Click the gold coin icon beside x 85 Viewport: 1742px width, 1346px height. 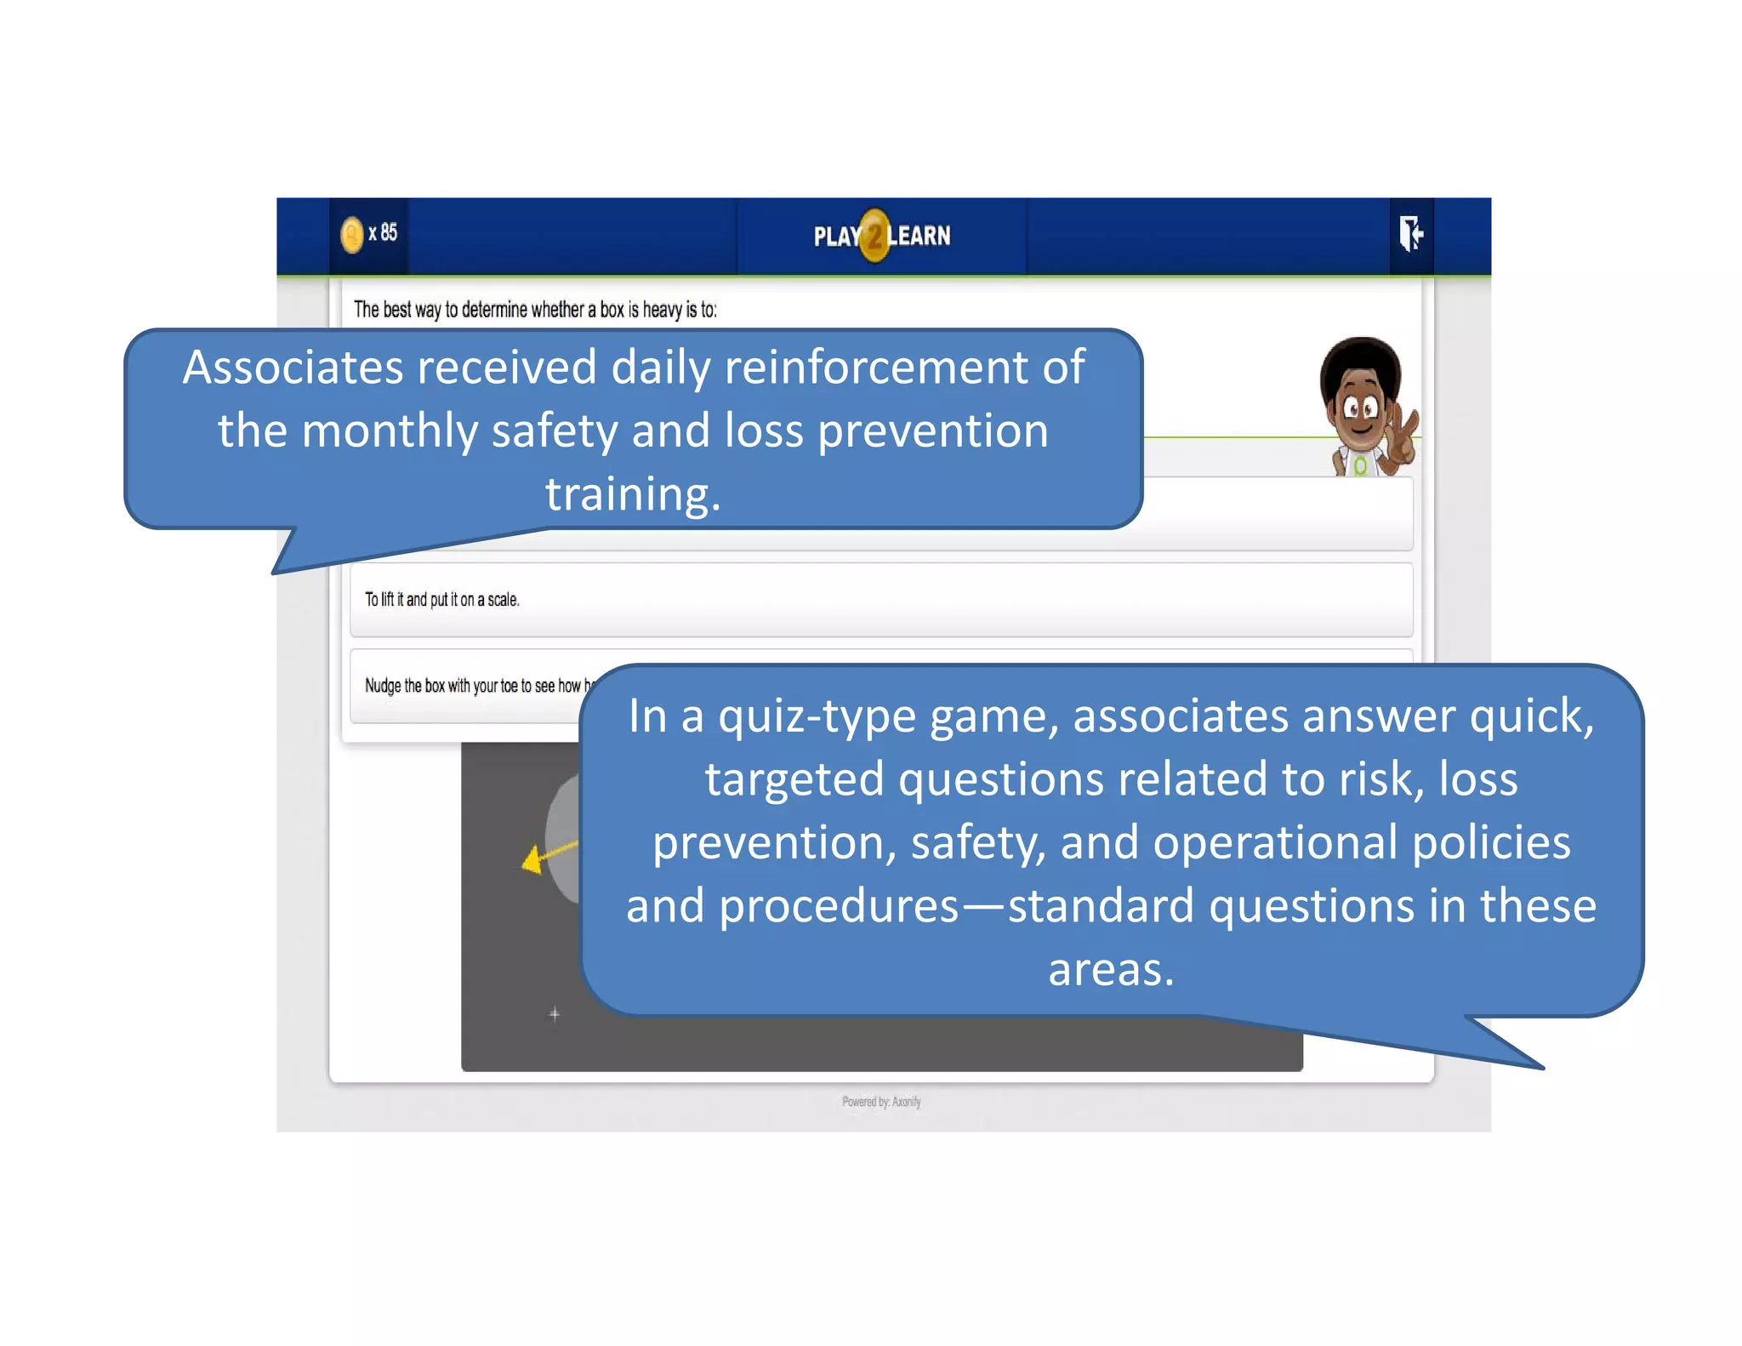(x=351, y=235)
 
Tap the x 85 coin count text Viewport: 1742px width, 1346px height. (x=383, y=232)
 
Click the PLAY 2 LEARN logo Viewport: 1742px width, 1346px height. (x=881, y=236)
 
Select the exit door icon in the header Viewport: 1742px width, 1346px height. (x=1411, y=233)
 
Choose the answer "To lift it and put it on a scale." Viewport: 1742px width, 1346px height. (x=441, y=600)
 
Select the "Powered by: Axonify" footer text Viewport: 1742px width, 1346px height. (x=881, y=1102)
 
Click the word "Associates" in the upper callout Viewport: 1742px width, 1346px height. (x=293, y=368)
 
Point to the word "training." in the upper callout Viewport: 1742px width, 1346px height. (x=633, y=494)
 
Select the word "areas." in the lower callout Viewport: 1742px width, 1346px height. (x=1111, y=970)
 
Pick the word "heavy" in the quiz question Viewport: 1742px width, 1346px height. (x=662, y=310)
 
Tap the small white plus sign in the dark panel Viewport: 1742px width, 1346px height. (x=555, y=1014)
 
